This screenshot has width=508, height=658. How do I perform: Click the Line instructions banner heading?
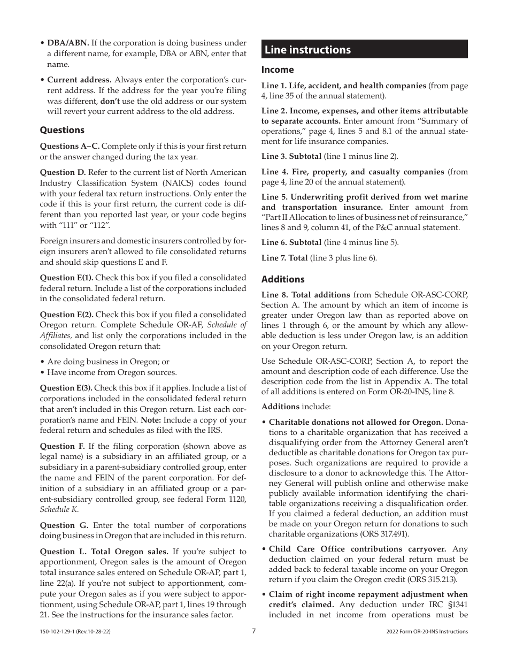point(307,50)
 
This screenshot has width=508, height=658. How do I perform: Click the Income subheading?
point(278,70)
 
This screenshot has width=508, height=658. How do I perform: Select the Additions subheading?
point(283,279)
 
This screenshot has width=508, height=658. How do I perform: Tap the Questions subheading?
point(62,130)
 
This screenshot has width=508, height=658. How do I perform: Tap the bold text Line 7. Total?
point(284,258)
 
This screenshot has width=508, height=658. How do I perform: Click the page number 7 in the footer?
point(254,631)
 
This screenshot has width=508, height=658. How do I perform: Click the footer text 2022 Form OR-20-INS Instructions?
point(427,631)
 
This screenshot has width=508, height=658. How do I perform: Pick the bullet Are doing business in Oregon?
point(108,362)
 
